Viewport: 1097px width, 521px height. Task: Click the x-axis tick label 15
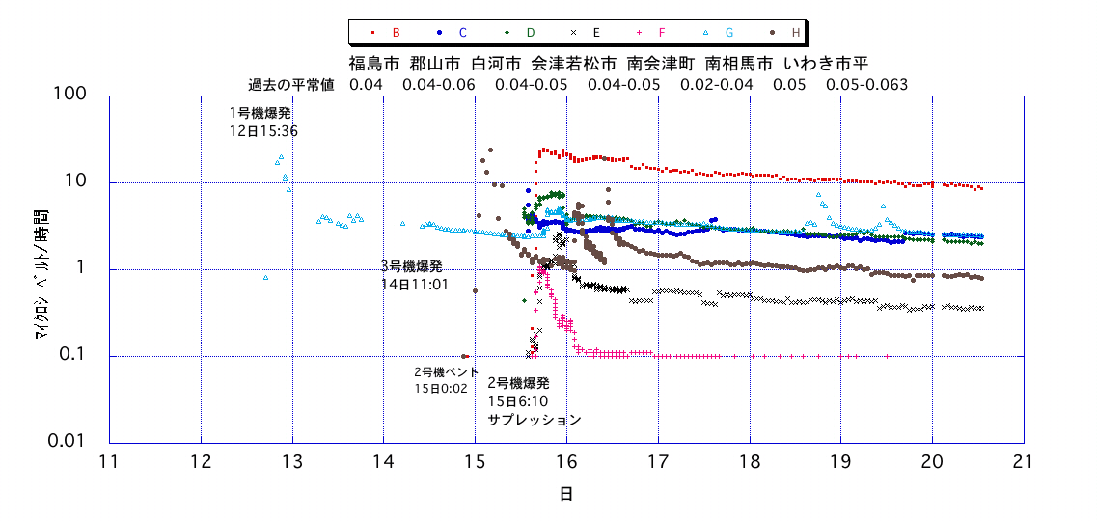(475, 461)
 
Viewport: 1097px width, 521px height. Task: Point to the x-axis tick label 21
(1023, 461)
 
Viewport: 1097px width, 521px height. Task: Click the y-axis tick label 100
(72, 95)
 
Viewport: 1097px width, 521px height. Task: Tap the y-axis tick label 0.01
(68, 442)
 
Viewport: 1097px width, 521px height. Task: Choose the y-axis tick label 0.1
(73, 356)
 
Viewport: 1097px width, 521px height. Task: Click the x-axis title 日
(566, 494)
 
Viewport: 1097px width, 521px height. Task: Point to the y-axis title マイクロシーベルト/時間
(43, 269)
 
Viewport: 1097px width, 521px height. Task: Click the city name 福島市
(373, 64)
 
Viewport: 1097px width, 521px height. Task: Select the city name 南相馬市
(738, 64)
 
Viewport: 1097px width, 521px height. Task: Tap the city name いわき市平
(826, 64)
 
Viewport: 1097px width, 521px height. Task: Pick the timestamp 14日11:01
(415, 285)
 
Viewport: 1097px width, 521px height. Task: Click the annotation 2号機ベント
(446, 371)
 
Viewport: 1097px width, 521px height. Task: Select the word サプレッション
(535, 420)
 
